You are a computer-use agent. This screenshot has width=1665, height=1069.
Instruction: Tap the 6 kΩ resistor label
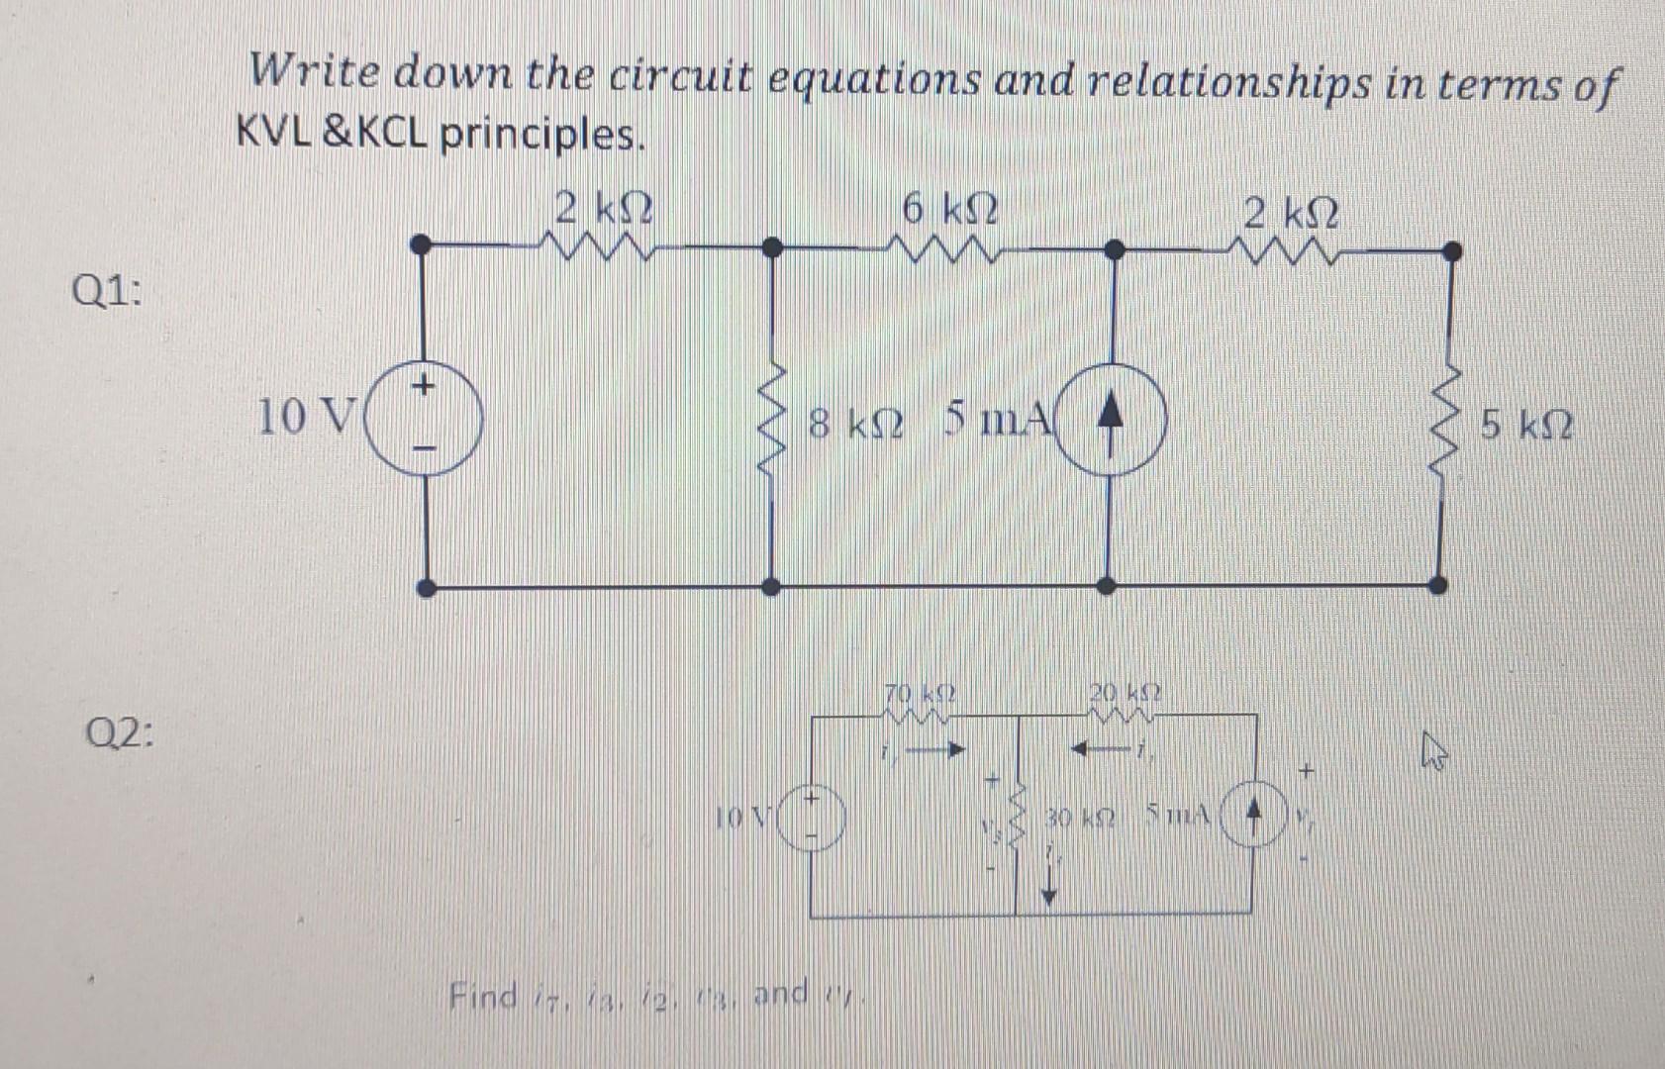click(949, 210)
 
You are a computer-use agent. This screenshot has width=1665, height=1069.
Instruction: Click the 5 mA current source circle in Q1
click(1111, 419)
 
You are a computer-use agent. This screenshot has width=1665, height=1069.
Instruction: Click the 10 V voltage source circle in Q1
click(424, 419)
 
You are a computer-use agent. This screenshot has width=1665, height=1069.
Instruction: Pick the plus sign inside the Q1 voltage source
click(423, 383)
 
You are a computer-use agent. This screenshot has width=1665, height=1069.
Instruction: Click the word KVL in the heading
click(274, 134)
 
